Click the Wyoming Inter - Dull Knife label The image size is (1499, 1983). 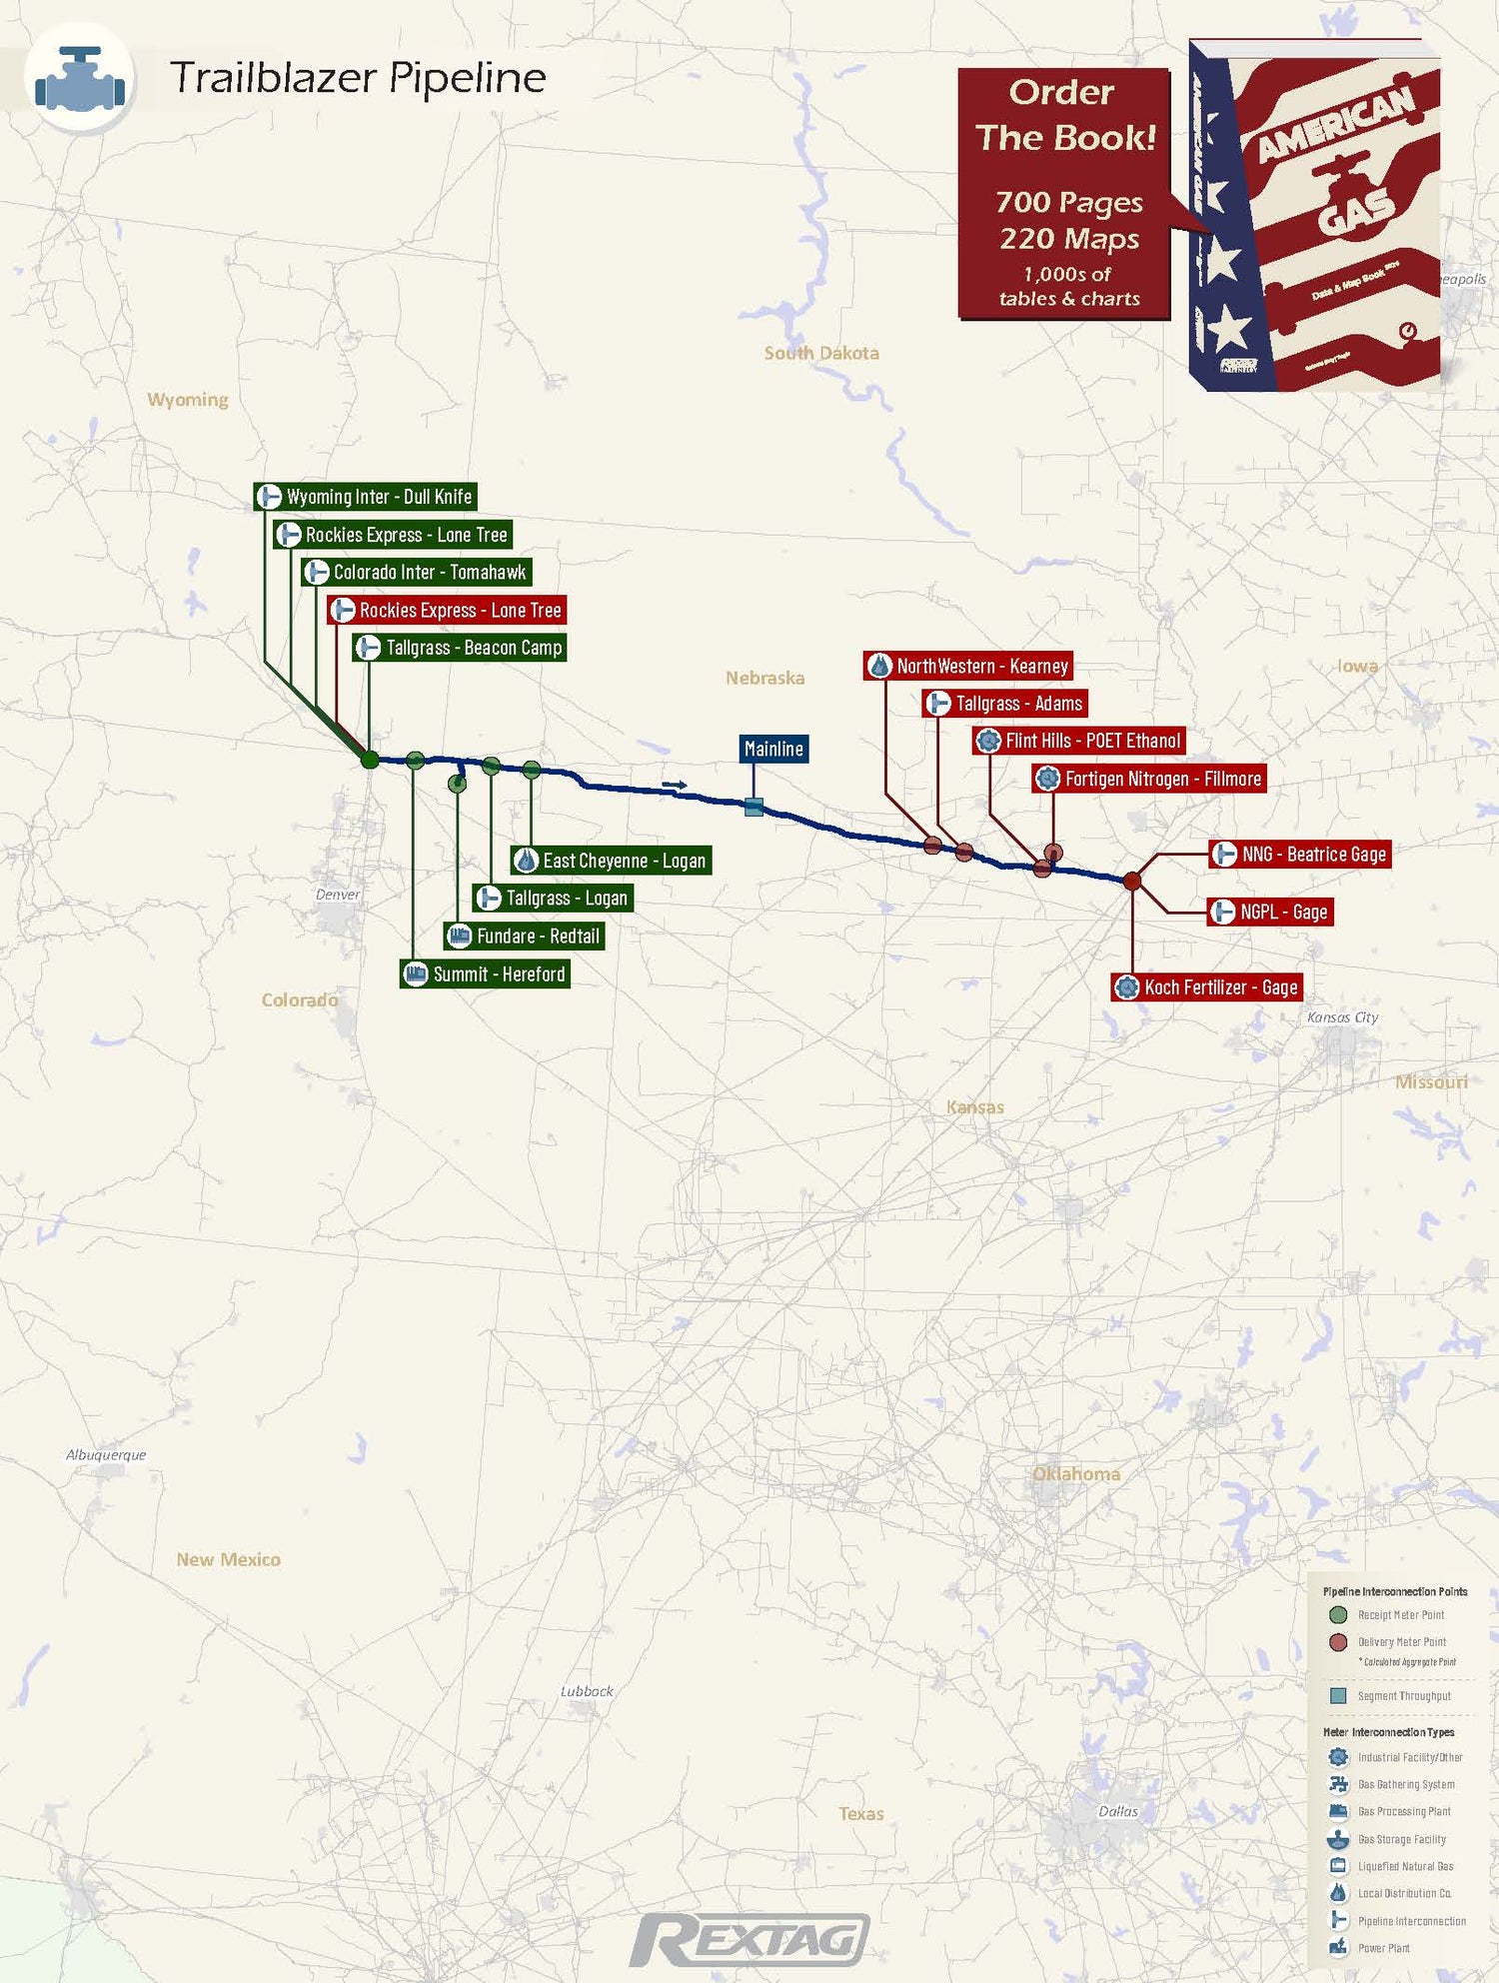click(x=366, y=497)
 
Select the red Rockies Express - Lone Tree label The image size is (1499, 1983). click(x=447, y=610)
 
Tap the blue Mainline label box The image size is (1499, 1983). click(x=773, y=749)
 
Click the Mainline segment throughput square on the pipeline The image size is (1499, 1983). click(x=754, y=807)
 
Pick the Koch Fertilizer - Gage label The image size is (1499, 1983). click(x=1207, y=988)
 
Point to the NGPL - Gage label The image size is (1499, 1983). click(x=1270, y=912)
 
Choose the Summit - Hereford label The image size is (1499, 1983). click(x=486, y=974)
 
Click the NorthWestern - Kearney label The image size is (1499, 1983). click(x=968, y=666)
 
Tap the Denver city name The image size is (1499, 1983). click(x=338, y=895)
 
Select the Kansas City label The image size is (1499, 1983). click(x=1342, y=1017)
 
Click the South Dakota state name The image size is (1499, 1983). click(x=821, y=353)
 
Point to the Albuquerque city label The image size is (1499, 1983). click(x=106, y=1455)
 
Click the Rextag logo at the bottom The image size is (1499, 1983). click(x=749, y=1939)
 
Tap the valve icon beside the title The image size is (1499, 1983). click(x=80, y=78)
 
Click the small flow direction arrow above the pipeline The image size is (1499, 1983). click(x=675, y=785)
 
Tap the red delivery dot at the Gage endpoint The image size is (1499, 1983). click(x=1132, y=881)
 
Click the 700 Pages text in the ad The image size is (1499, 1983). click(x=1069, y=203)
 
